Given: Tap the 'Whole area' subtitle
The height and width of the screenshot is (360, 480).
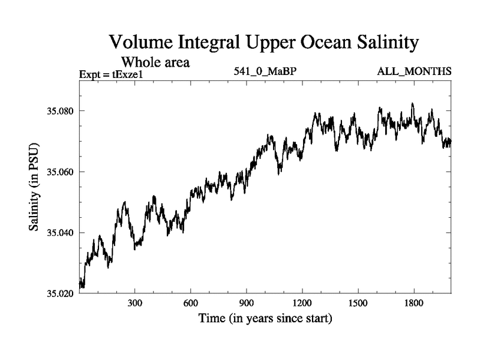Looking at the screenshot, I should click(155, 61).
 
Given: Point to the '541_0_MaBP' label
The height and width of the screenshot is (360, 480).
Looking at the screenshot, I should click(265, 71).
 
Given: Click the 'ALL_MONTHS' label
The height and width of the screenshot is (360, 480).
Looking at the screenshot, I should click(414, 71).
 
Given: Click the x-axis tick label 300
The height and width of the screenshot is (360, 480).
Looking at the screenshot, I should click(135, 304).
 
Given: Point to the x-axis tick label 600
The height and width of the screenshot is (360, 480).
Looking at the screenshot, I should click(191, 304).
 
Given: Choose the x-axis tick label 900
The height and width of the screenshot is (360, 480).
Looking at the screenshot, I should click(247, 304).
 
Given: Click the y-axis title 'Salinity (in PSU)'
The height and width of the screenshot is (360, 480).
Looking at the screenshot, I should click(34, 188).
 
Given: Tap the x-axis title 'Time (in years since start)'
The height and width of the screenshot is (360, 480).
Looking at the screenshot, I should click(265, 318).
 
